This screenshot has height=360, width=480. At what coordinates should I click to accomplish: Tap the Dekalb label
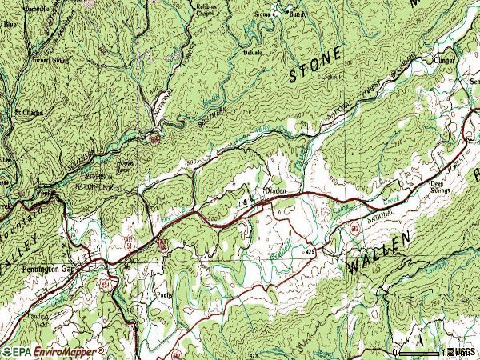pos(252,52)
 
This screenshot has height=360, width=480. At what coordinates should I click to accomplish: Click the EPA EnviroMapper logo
pos(52,351)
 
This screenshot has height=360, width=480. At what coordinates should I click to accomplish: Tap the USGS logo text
pos(463,352)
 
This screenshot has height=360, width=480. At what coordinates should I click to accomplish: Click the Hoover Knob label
pos(122,170)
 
